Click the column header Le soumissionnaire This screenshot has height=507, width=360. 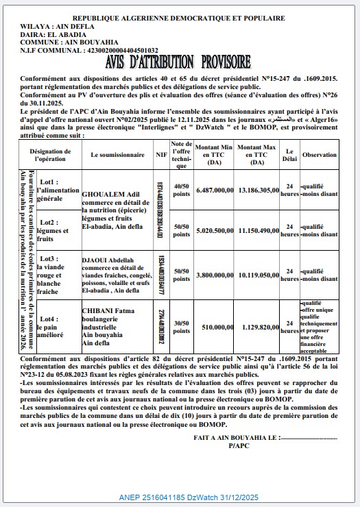(x=118, y=156)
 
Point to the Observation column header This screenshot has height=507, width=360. (x=318, y=156)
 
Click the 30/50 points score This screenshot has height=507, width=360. (x=180, y=327)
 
